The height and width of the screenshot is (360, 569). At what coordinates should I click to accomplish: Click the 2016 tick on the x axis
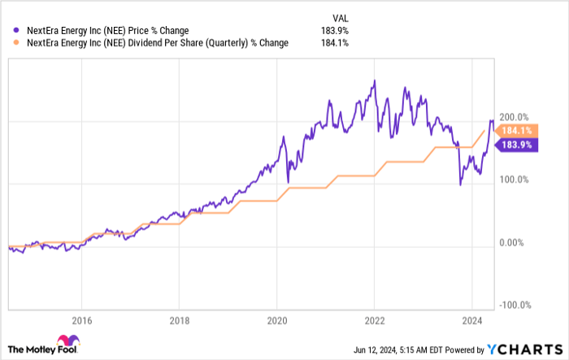(80, 319)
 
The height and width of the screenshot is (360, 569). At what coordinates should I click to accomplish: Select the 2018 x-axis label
(178, 319)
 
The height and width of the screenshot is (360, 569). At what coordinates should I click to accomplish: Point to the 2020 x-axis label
(276, 319)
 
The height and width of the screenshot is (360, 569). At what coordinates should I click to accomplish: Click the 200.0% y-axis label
(514, 117)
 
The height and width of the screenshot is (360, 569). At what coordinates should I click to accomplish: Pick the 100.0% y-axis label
(514, 180)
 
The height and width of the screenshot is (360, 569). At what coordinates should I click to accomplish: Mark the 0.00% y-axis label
(514, 243)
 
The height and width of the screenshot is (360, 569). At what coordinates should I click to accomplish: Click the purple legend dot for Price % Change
(11, 30)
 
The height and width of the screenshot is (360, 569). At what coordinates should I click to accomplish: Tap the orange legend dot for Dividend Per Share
(11, 43)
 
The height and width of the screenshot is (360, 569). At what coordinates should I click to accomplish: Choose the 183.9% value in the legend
(334, 30)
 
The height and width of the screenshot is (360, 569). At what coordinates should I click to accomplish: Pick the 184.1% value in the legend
(334, 43)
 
